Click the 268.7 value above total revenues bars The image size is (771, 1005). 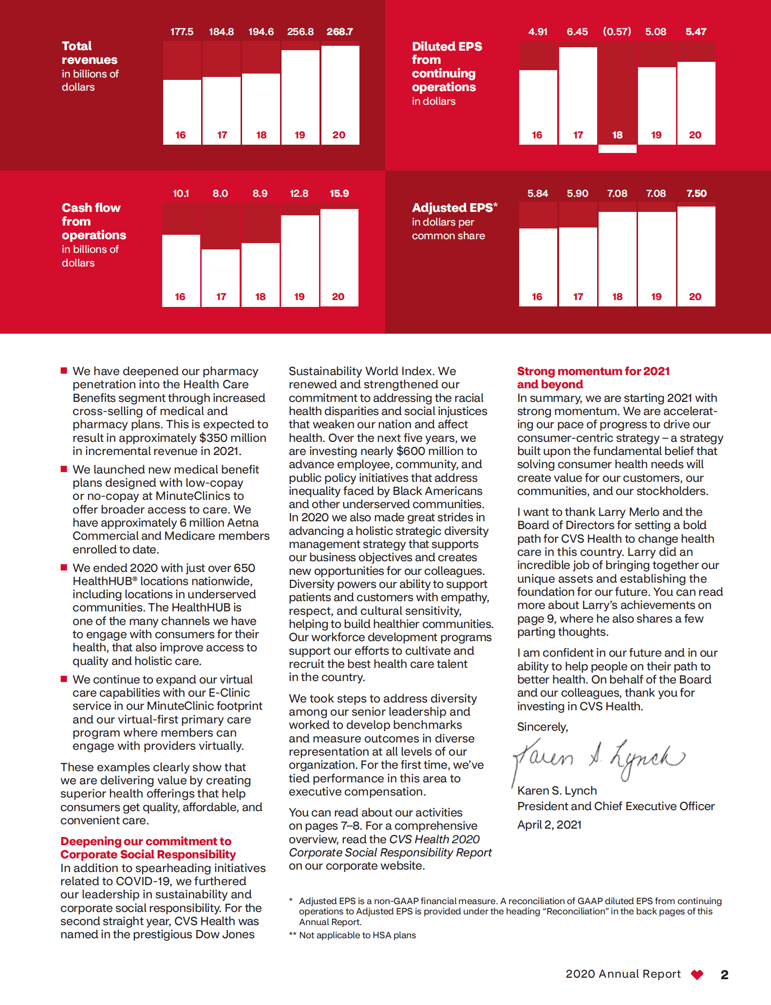coord(339,32)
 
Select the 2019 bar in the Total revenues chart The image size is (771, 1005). coord(300,97)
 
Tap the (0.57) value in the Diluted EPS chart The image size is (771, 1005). coord(617,32)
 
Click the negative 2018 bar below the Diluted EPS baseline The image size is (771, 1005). coord(617,149)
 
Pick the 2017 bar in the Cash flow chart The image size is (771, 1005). coord(221,278)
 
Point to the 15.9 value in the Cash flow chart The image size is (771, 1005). coord(339,193)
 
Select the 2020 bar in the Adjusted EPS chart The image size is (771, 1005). coord(696,256)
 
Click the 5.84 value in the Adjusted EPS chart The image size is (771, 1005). coord(537,193)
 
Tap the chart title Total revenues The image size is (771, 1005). coord(89,53)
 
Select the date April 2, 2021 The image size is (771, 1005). coord(549,825)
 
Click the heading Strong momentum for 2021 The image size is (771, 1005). coord(593,371)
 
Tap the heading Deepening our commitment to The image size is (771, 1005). coord(146,841)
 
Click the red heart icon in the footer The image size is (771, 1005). coord(697,974)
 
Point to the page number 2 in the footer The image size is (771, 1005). coord(724,974)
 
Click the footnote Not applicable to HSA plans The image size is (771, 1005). coord(357,935)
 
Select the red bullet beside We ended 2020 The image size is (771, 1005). coord(64,568)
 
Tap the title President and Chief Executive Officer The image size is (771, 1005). coord(616,806)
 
